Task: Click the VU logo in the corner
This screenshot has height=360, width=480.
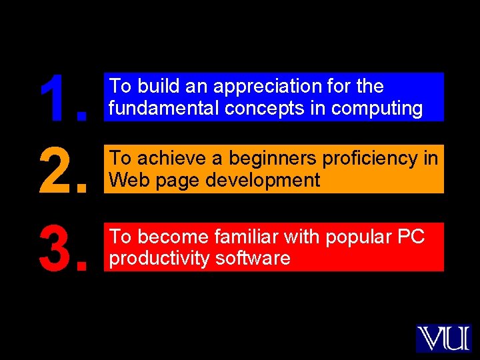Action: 443,338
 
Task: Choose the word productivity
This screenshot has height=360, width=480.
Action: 159,258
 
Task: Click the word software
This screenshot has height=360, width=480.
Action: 253,258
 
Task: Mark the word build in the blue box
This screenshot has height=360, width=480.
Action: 155,87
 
